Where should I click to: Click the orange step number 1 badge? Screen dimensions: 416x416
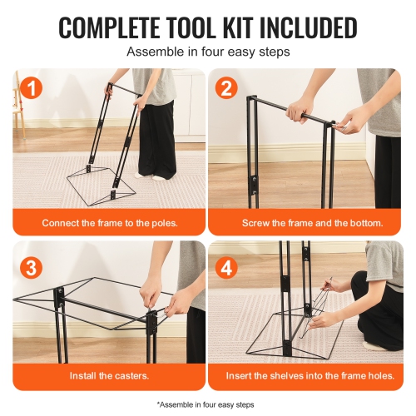(30, 89)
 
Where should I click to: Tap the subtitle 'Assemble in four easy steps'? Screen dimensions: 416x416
(208, 52)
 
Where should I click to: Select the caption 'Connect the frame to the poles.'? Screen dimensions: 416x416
(110, 223)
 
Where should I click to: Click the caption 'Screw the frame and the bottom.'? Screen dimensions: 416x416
(305, 223)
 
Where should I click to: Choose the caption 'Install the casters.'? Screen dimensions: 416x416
(110, 375)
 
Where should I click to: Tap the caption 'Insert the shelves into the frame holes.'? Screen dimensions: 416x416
(305, 375)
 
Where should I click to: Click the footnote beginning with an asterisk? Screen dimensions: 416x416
(208, 402)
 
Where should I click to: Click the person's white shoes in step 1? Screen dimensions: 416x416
(150, 175)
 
